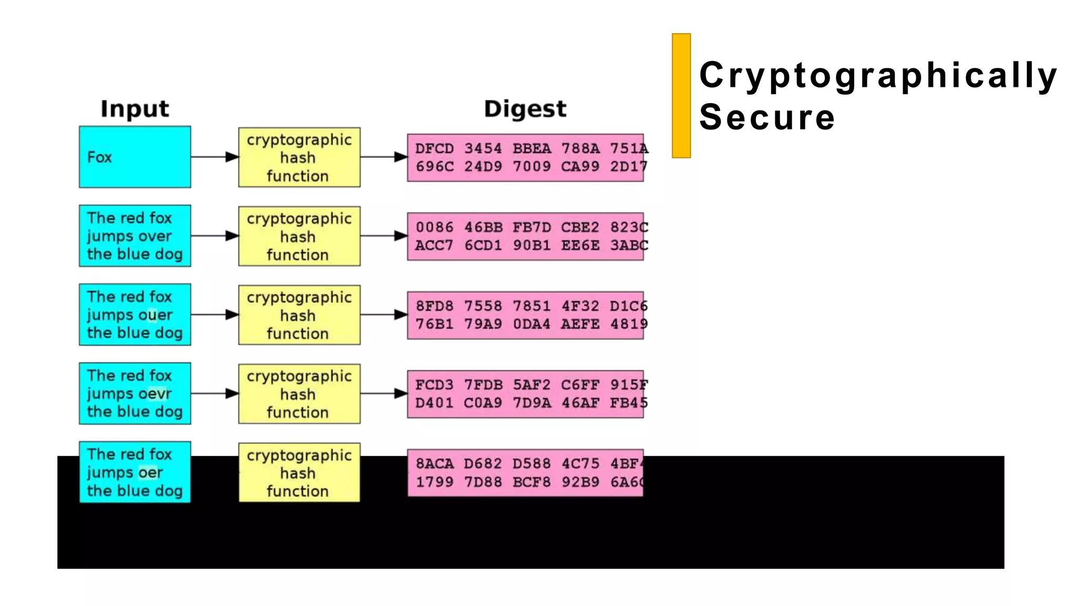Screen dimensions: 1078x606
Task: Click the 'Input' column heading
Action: pyautogui.click(x=135, y=109)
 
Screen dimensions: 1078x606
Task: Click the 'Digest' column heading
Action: pyautogui.click(x=525, y=109)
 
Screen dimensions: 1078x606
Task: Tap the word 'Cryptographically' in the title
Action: pyautogui.click(x=878, y=75)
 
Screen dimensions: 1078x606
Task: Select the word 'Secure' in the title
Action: pyautogui.click(x=767, y=117)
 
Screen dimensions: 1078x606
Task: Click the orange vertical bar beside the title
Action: pyautogui.click(x=681, y=96)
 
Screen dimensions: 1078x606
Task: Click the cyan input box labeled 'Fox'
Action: pyautogui.click(x=135, y=157)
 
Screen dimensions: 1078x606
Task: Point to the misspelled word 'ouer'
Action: pyautogui.click(x=155, y=315)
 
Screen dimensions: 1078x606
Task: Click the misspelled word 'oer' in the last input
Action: pyautogui.click(x=151, y=473)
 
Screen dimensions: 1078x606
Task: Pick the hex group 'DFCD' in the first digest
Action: pyautogui.click(x=434, y=148)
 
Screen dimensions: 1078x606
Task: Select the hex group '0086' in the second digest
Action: pyautogui.click(x=434, y=227)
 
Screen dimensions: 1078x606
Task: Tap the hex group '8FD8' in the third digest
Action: pyautogui.click(x=434, y=306)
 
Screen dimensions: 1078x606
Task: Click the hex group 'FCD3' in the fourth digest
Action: pyautogui.click(x=434, y=385)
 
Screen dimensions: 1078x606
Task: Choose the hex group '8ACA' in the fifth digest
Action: pyautogui.click(x=434, y=464)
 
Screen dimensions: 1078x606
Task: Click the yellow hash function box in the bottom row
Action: pyautogui.click(x=299, y=472)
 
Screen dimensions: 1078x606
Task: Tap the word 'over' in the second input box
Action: pyautogui.click(x=155, y=236)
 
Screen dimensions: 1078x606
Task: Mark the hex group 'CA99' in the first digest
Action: pyautogui.click(x=580, y=167)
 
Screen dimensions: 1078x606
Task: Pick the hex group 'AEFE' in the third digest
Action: pyautogui.click(x=580, y=324)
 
